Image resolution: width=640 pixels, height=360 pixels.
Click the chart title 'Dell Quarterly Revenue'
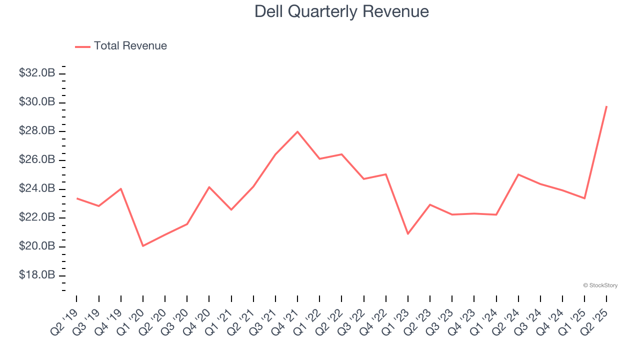tap(341, 11)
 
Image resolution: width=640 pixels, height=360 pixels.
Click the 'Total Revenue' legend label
tap(130, 46)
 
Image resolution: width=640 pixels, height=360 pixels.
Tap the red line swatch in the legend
tap(82, 46)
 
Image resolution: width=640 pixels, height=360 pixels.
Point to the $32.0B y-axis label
tap(37, 73)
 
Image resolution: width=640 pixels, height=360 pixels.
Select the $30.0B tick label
tap(37, 102)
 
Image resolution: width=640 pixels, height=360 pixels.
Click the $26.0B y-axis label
tap(37, 160)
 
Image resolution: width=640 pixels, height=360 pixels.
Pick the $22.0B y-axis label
tap(37, 217)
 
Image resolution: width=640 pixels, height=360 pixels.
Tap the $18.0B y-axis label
tap(37, 275)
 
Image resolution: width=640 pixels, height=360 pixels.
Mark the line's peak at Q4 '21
tap(297, 131)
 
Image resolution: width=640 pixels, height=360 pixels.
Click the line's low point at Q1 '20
tap(143, 246)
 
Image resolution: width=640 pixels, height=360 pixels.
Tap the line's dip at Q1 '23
tap(408, 233)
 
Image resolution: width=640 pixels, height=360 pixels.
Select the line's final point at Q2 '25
tap(606, 106)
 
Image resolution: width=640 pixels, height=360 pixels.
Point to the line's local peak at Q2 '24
tap(518, 174)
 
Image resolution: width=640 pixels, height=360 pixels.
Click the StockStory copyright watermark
tap(600, 285)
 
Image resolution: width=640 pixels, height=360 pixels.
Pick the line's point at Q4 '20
tap(209, 187)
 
